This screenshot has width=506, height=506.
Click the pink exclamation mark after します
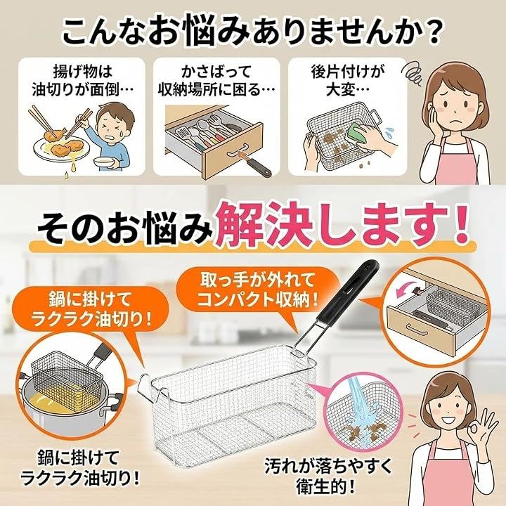tap(459, 223)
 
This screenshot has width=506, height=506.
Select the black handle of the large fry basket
tap(349, 290)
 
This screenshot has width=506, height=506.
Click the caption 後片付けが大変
tap(347, 81)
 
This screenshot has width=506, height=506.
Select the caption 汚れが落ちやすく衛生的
tap(328, 475)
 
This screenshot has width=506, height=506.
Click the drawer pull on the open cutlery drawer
tap(238, 149)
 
